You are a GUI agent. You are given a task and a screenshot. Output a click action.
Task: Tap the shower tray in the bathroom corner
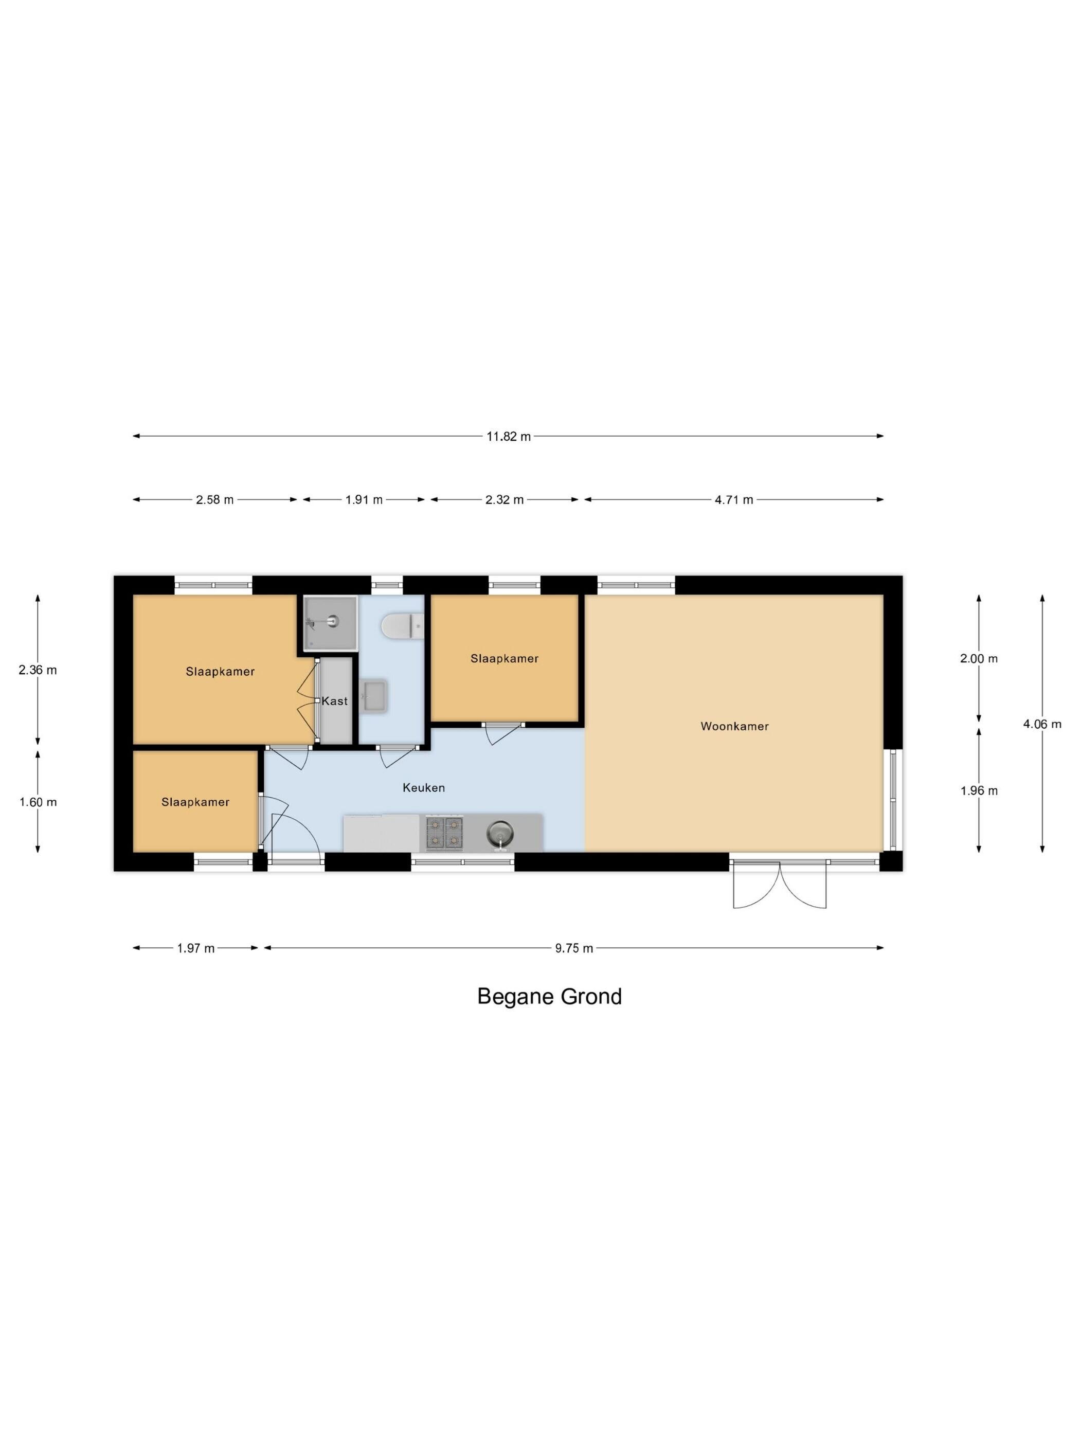point(330,622)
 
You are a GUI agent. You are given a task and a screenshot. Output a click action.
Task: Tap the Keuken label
point(424,788)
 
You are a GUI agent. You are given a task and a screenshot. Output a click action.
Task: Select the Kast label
point(335,701)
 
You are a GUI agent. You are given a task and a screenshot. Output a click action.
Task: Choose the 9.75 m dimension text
point(574,948)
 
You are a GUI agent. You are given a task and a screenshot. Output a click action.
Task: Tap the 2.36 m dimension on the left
point(38,670)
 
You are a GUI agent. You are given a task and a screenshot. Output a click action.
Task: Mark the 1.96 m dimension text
point(979,791)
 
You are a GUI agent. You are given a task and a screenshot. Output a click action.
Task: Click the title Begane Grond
point(549,997)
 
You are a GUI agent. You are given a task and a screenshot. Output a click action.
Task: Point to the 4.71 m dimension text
point(734,500)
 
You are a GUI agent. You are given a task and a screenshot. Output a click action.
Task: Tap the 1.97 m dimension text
point(195,948)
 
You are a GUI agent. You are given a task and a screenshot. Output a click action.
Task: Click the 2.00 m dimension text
point(979,659)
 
